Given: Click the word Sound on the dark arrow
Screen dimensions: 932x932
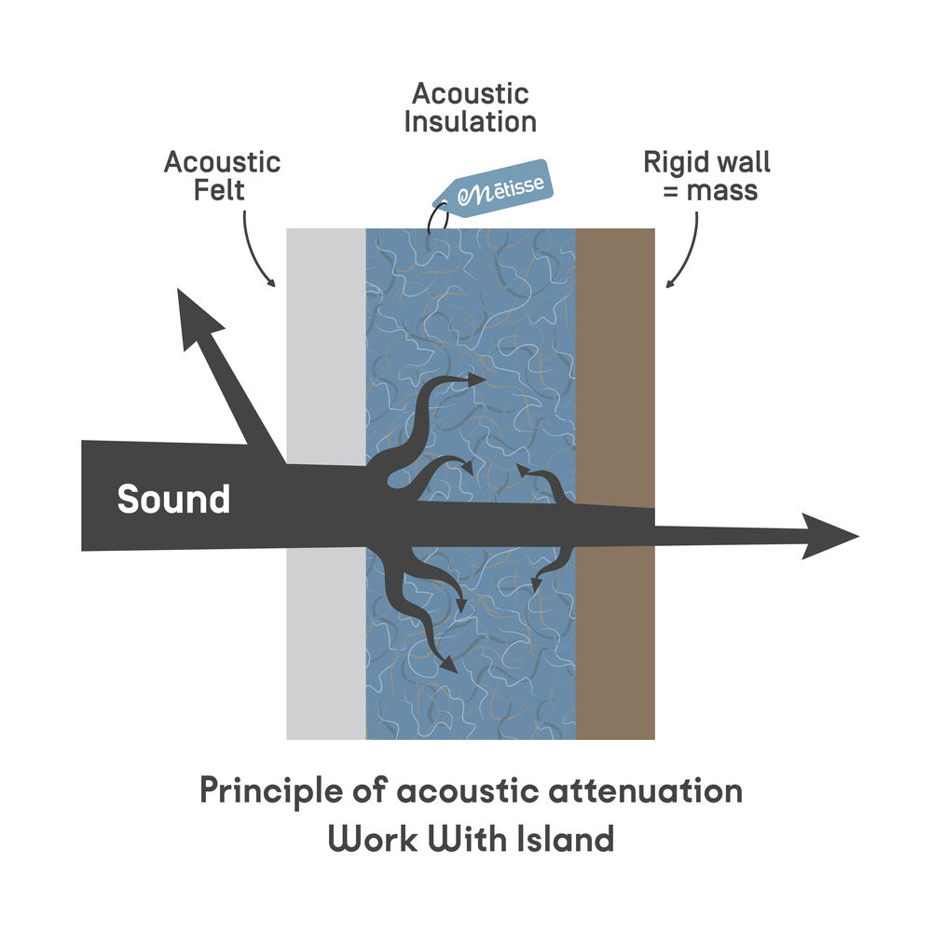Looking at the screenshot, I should (x=173, y=500).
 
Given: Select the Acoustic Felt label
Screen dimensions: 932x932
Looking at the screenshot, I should (x=222, y=175).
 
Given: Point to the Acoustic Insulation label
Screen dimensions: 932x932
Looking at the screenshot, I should (x=471, y=107).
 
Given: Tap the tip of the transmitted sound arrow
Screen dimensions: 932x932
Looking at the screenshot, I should (x=853, y=537).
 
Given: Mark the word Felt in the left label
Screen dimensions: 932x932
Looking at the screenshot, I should (x=221, y=190).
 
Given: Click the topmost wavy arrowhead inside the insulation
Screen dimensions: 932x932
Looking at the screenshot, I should (x=477, y=379).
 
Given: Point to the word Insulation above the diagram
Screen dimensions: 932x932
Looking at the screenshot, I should (x=471, y=121).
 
